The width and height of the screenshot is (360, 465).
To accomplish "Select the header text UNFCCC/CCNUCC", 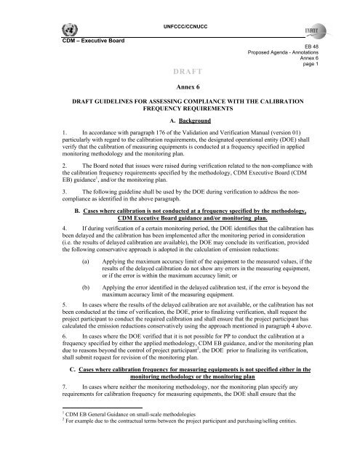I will point(180,7).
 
